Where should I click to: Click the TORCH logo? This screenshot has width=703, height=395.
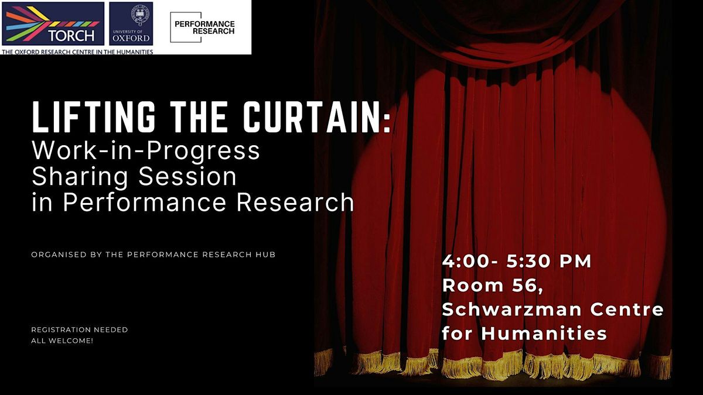[x=53, y=24]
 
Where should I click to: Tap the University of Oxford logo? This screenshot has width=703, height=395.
[x=131, y=24]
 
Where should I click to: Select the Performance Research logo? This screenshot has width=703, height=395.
[x=203, y=28]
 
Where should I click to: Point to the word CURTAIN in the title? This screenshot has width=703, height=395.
[x=311, y=117]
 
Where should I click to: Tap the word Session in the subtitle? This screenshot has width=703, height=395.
[x=187, y=177]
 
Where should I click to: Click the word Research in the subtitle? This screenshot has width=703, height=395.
[x=296, y=202]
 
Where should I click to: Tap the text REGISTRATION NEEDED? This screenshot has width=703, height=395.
[x=80, y=330]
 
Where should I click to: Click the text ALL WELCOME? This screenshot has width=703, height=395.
[x=62, y=341]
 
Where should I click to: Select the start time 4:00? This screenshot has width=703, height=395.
[x=467, y=262]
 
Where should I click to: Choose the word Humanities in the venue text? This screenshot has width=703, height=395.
[x=544, y=333]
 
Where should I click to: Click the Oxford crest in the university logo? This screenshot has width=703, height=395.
[x=139, y=16]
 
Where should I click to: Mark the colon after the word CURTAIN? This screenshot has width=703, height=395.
[x=387, y=122]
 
